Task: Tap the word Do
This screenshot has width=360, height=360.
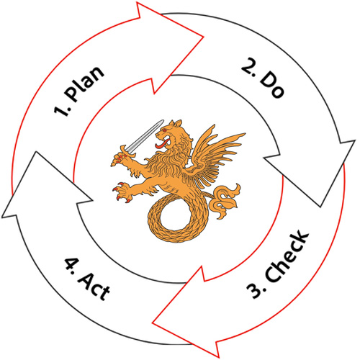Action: [272, 84]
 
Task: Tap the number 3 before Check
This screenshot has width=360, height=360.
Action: [255, 289]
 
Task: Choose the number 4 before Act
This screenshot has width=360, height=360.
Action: [71, 264]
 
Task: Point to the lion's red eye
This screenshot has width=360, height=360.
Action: [164, 130]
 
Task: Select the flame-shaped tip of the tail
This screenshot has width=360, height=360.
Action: [225, 200]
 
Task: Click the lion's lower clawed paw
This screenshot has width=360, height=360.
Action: [122, 192]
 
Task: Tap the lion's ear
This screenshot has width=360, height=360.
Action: [178, 123]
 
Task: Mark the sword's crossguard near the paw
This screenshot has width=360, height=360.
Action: [127, 152]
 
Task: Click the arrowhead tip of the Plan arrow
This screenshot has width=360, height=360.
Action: [204, 37]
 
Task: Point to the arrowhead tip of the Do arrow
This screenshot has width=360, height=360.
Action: [320, 207]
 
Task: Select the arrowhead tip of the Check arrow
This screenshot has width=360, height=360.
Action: [153, 323]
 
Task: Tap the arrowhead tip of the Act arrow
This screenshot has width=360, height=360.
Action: [36, 152]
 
